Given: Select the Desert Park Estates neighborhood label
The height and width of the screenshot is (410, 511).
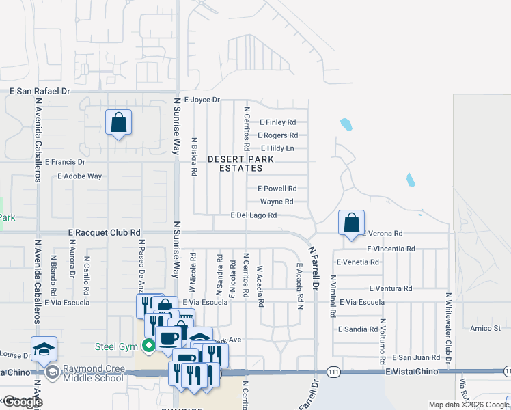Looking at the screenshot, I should [240, 163].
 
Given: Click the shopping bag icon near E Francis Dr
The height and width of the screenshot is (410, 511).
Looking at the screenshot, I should [119, 124].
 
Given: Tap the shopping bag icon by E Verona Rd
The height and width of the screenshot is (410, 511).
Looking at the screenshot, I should [351, 223].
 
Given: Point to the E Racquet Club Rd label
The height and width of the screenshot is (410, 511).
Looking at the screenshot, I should [104, 232].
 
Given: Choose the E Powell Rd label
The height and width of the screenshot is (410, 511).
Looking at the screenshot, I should [277, 189].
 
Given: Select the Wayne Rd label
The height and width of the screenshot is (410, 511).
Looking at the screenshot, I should [277, 202].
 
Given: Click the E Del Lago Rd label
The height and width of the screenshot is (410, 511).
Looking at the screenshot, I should [253, 215].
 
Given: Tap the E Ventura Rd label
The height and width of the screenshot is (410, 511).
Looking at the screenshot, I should [390, 289].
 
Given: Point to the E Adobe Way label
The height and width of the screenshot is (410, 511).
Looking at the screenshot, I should [80, 176].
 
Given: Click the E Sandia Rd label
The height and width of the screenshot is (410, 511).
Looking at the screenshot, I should [358, 329].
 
